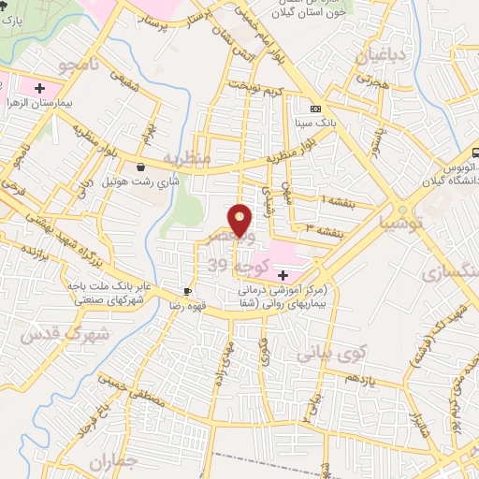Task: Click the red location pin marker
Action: point(240,220)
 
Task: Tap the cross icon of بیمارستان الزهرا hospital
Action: point(39,91)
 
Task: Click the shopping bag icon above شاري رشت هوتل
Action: point(140,167)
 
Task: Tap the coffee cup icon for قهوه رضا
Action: point(188,291)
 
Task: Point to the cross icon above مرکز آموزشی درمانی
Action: point(283,275)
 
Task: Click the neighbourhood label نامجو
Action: point(77,65)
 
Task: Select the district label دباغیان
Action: point(382,56)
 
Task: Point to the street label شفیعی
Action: point(123,83)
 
